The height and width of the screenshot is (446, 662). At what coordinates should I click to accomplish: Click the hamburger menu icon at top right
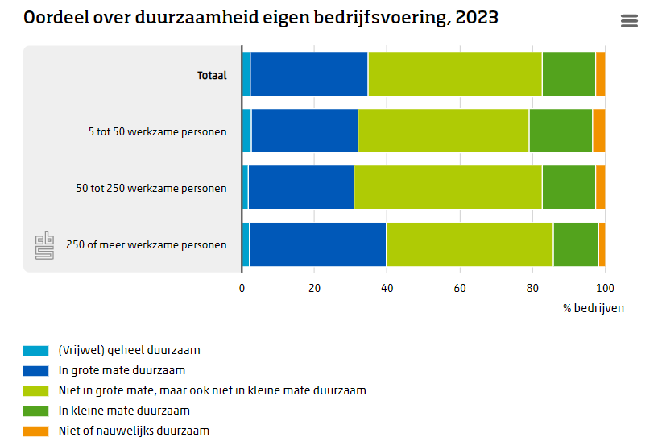(x=629, y=21)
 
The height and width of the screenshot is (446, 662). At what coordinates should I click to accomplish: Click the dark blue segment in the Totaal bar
(x=309, y=74)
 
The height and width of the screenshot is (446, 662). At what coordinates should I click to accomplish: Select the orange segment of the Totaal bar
(x=600, y=74)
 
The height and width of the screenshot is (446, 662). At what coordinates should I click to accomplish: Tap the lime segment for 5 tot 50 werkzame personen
(x=443, y=131)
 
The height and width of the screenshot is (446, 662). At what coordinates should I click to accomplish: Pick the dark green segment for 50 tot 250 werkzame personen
(x=569, y=187)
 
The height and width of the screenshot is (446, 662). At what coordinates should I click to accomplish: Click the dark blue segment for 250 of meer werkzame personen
(x=317, y=244)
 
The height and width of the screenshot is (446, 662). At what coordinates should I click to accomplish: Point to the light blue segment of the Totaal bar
(x=246, y=74)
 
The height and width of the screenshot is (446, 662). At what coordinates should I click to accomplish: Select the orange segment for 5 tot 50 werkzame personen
(x=599, y=131)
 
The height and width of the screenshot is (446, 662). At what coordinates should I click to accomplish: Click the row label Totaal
(x=212, y=75)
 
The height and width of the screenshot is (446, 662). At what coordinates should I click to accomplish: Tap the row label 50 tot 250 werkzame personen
(x=151, y=188)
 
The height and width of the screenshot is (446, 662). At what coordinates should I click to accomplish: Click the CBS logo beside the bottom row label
(x=44, y=245)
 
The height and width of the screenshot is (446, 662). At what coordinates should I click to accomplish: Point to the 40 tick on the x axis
(x=387, y=288)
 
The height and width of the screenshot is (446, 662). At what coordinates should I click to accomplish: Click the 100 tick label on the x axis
(x=605, y=288)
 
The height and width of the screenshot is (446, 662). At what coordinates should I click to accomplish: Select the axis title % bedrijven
(x=594, y=308)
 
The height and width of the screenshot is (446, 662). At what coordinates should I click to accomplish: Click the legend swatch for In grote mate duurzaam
(x=36, y=371)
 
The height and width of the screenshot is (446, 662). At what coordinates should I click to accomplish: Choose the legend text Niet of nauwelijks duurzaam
(x=134, y=431)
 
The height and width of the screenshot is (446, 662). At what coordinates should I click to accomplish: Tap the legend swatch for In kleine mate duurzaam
(x=36, y=411)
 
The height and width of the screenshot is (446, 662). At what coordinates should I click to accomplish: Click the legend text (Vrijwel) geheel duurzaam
(x=129, y=351)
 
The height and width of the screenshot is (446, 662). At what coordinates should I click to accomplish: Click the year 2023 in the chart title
(x=477, y=17)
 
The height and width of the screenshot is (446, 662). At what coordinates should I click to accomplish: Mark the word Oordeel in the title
(x=56, y=17)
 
